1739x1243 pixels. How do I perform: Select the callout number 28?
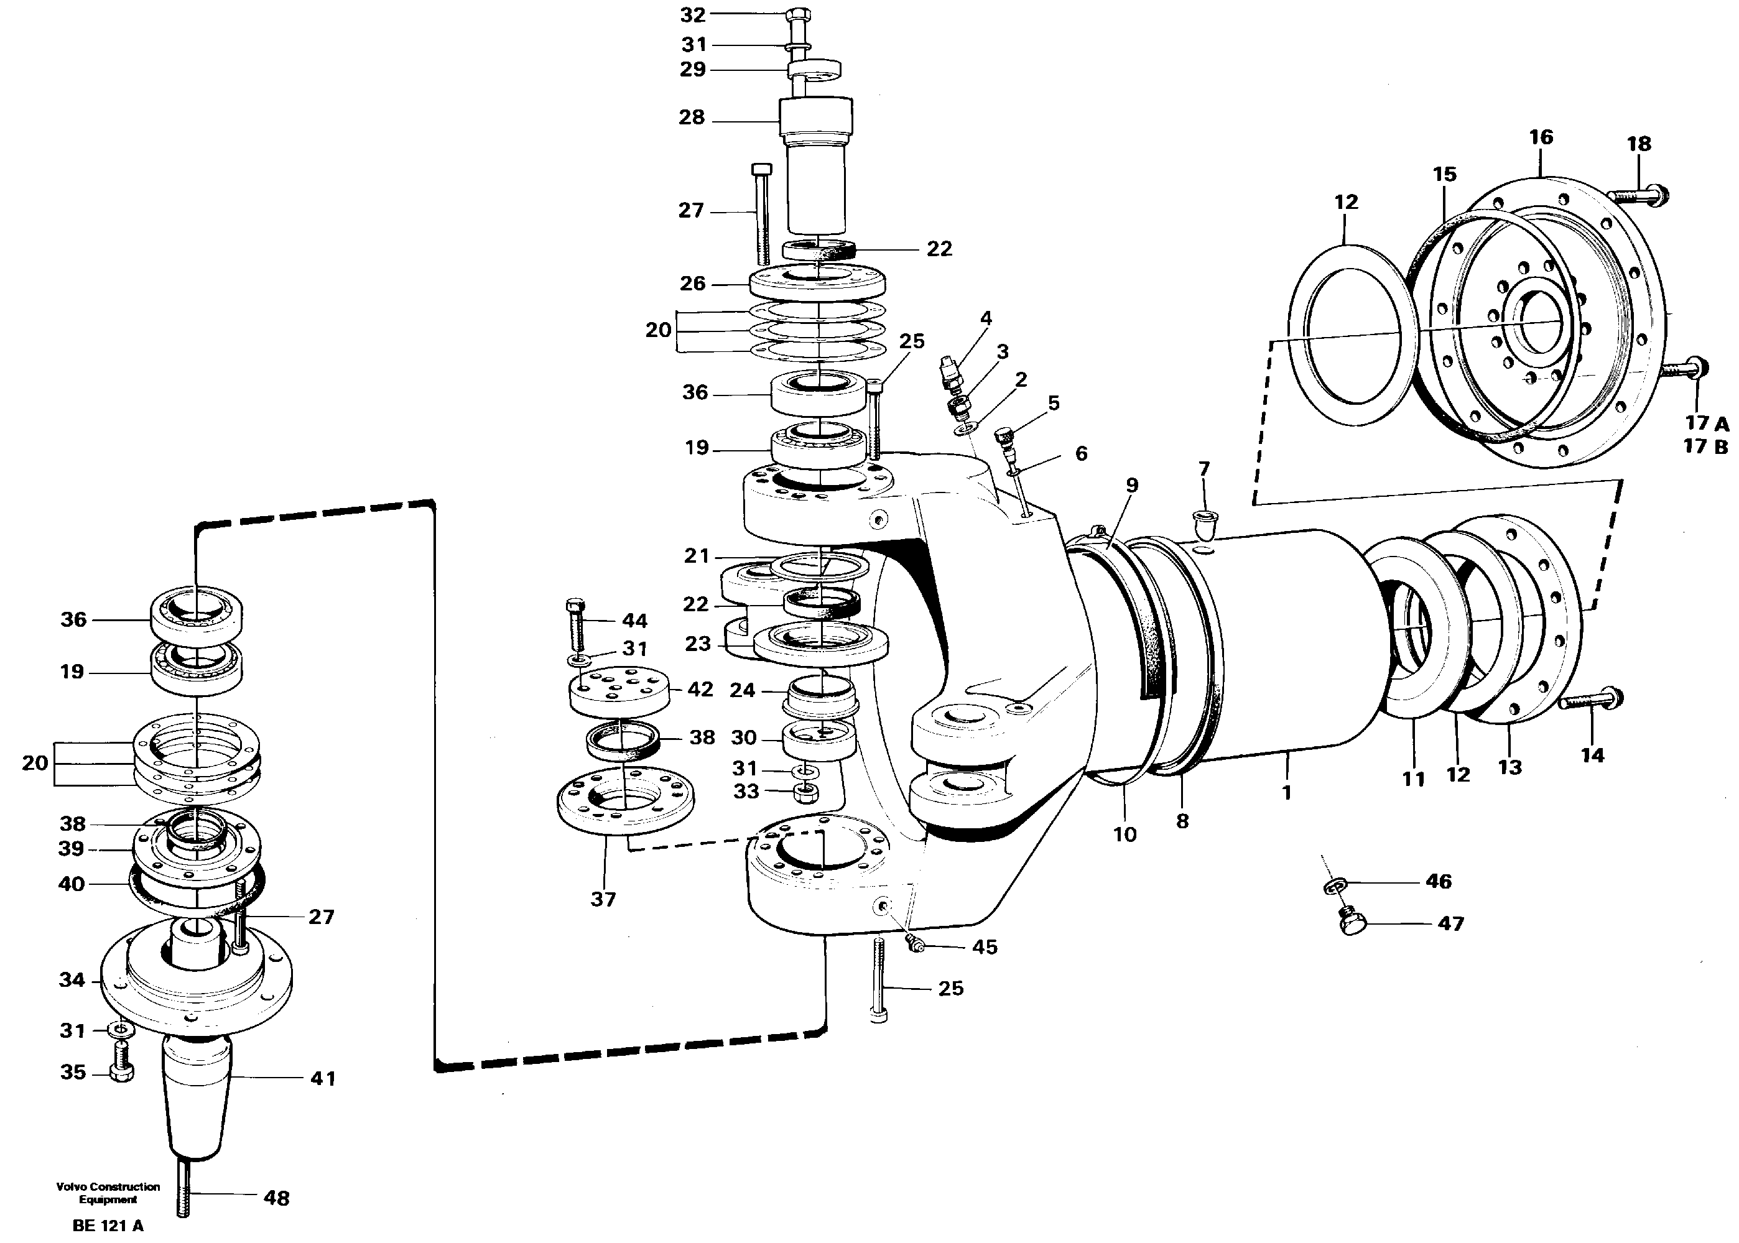click(x=691, y=118)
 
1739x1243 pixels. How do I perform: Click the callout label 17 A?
click(x=1706, y=423)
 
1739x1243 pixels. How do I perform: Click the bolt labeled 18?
click(x=1636, y=195)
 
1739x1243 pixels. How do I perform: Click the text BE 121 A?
click(x=108, y=1226)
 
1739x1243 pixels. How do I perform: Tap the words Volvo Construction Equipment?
click(x=108, y=1193)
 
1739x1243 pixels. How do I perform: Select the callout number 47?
click(x=1450, y=924)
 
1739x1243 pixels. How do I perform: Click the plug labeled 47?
click(x=1353, y=922)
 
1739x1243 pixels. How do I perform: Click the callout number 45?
click(x=985, y=948)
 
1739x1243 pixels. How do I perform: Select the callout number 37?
click(x=603, y=899)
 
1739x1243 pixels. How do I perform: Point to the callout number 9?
click(x=1132, y=485)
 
